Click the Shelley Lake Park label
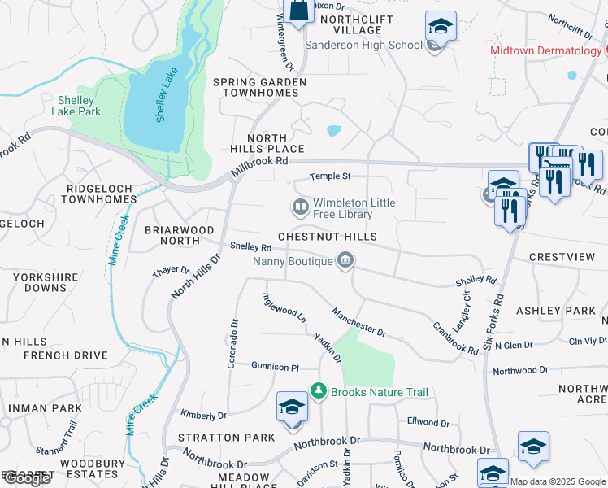click(78, 106)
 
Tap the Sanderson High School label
click(364, 45)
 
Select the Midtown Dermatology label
click(545, 50)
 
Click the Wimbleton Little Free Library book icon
click(301, 207)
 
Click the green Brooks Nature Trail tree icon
click(319, 392)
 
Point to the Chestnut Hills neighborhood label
click(328, 237)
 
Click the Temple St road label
click(330, 176)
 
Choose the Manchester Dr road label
click(358, 321)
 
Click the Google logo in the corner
click(27, 479)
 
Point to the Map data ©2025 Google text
click(557, 481)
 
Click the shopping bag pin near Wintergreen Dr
click(298, 10)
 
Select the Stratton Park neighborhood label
click(227, 438)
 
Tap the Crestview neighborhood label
click(562, 257)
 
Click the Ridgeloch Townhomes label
click(101, 194)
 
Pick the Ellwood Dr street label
click(428, 423)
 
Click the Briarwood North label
click(172, 235)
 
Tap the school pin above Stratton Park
click(292, 407)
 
